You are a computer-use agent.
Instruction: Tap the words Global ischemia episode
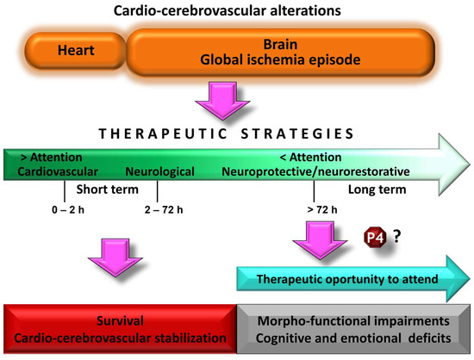click(278, 60)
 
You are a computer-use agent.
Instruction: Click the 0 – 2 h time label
click(65, 208)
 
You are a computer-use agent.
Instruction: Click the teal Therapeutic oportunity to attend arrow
click(349, 279)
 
